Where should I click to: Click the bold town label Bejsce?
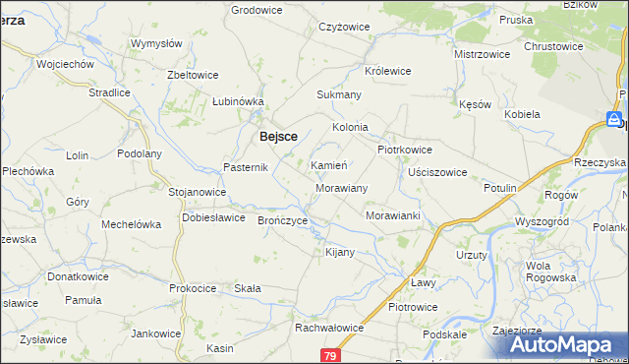[278, 138]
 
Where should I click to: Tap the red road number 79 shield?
[330, 354]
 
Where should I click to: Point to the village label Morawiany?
[341, 187]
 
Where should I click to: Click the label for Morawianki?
[393, 215]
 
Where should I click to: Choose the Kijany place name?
[339, 253]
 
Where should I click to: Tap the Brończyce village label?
[283, 221]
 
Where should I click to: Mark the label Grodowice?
[257, 10]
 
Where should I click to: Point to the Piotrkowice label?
[406, 150]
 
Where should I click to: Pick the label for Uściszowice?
[437, 172]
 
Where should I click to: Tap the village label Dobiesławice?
[213, 218]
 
